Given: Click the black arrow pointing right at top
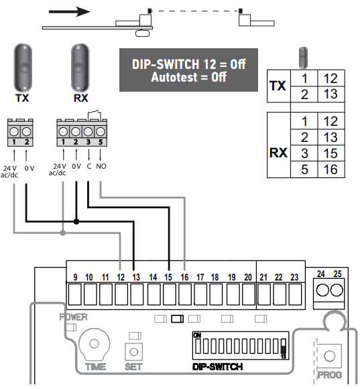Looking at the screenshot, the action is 70,11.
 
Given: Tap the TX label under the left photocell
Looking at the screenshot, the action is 22,98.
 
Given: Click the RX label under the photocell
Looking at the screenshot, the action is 80,98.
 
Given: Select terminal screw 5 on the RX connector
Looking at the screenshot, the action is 101,131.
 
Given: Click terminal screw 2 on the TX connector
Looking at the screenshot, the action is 27,131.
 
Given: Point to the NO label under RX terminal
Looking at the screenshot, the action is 101,166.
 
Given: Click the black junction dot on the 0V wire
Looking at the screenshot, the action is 76,222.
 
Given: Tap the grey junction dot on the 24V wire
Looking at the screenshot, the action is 63,233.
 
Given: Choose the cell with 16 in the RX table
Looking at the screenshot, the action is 331,169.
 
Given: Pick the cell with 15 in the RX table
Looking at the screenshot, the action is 331,153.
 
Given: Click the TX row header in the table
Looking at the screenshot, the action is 278,86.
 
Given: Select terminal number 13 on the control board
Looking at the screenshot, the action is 136,277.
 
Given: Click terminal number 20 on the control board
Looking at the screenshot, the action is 248,277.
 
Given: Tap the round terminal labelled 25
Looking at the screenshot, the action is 337,290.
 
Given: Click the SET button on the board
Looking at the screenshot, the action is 133,352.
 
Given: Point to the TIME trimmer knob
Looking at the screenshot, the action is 94,344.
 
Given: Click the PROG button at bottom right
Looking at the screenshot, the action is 329,356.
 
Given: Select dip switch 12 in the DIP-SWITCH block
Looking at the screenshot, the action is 284,347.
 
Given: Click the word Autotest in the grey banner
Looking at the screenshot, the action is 174,77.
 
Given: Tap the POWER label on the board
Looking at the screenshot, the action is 73,317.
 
